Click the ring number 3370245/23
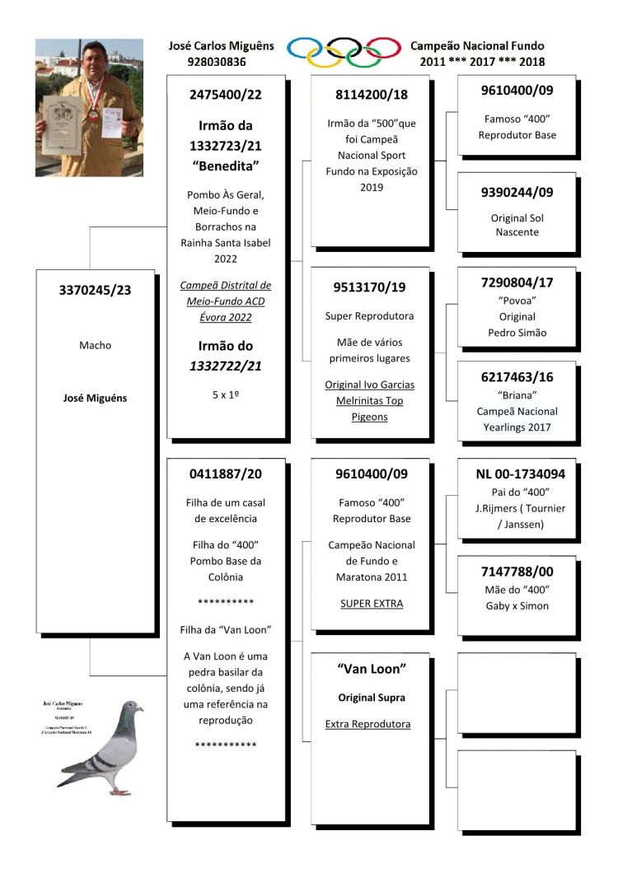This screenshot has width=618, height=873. point(96,289)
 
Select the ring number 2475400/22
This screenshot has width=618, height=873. point(225,95)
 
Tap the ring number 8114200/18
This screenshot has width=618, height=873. point(370,95)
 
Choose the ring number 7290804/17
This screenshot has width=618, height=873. point(517,282)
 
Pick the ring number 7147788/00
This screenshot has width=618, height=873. point(517,570)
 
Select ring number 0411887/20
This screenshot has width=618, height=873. point(225,474)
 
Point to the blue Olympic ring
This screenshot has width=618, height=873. point(305,48)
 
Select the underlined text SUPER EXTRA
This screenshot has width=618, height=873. point(370,604)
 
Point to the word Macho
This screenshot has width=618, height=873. point(96,345)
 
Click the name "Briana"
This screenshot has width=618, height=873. point(517,394)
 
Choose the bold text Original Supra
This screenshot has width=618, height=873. point(371,698)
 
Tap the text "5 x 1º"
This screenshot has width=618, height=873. point(225,394)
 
